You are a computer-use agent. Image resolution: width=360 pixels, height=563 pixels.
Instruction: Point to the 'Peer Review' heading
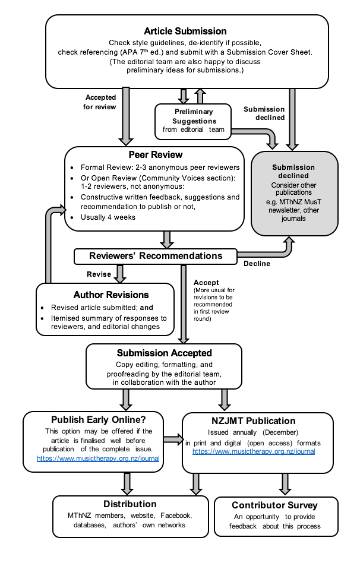click(154, 155)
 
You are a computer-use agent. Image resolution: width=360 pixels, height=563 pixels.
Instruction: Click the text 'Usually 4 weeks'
click(109, 217)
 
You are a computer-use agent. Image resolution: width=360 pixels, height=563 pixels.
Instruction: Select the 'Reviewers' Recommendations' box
click(156, 256)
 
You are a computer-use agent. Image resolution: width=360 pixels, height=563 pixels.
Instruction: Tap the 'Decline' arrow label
click(257, 264)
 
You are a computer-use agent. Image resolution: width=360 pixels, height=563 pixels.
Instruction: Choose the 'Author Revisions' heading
click(111, 295)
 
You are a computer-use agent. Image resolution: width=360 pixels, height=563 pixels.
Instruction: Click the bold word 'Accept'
click(206, 282)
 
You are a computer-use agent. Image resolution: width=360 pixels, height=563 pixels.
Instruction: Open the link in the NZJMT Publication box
click(253, 451)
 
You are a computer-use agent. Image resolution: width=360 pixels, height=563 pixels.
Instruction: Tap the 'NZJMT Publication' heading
click(257, 421)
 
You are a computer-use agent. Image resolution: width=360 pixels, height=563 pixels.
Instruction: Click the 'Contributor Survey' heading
click(274, 505)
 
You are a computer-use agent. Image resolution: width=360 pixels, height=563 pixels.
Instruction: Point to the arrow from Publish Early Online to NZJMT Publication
click(172, 440)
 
